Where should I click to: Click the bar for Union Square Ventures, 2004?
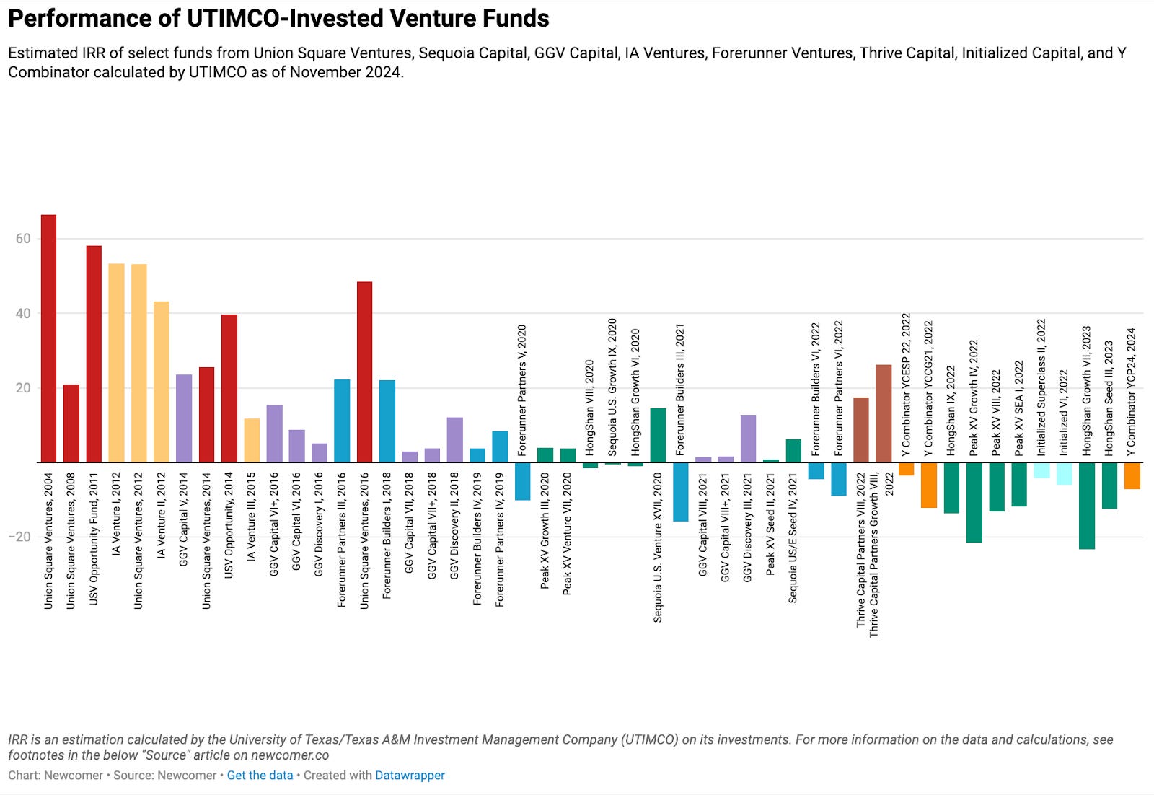point(48,338)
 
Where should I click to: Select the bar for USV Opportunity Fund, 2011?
point(94,353)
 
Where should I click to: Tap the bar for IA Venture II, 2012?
point(162,382)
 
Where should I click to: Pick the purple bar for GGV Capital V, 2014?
point(184,418)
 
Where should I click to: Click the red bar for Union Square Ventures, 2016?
point(364,372)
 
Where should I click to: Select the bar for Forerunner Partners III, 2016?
point(342,421)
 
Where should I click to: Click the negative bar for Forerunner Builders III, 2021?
point(680,491)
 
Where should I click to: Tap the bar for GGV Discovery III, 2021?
point(748,439)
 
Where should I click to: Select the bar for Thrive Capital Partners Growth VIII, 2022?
point(884,413)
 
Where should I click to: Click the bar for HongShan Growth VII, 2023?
point(1086,505)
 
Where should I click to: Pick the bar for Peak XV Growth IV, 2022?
point(974,502)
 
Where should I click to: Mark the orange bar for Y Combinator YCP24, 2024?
point(1132,475)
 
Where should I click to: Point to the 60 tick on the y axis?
point(23,239)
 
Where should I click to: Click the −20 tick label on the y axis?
point(20,537)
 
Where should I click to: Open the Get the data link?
point(260,776)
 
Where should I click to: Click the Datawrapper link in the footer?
point(409,776)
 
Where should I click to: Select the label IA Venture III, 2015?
point(251,517)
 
